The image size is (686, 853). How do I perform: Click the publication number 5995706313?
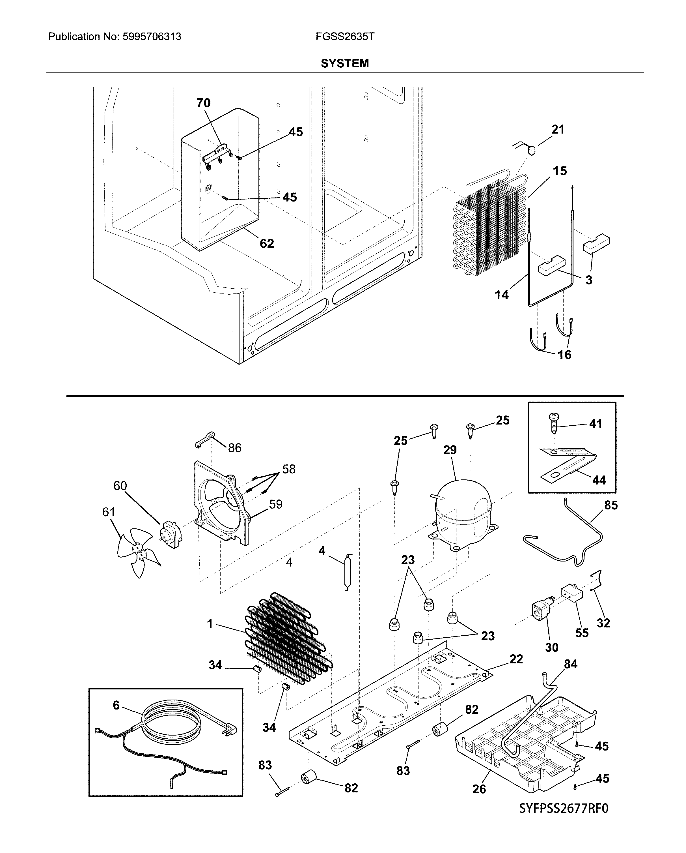[152, 37]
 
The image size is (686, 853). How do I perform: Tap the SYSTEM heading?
[345, 63]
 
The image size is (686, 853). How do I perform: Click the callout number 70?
[203, 103]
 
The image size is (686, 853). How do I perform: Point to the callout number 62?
[267, 244]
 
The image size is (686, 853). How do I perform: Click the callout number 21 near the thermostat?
[558, 129]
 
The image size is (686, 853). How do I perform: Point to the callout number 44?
[599, 480]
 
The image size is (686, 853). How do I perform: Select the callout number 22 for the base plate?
[516, 659]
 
